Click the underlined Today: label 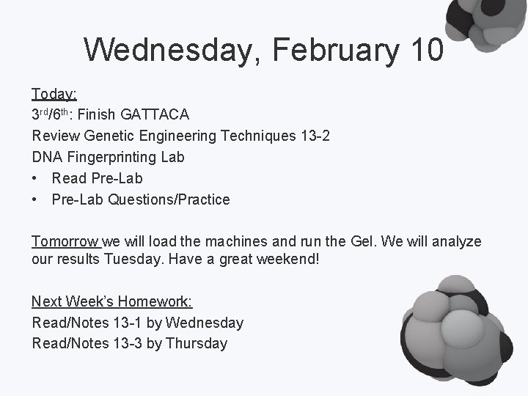[x=54, y=94]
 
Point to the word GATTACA [x=155, y=115]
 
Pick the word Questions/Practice [x=169, y=199]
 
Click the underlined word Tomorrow [x=66, y=242]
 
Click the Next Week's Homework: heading [x=111, y=301]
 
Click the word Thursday [x=197, y=343]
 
